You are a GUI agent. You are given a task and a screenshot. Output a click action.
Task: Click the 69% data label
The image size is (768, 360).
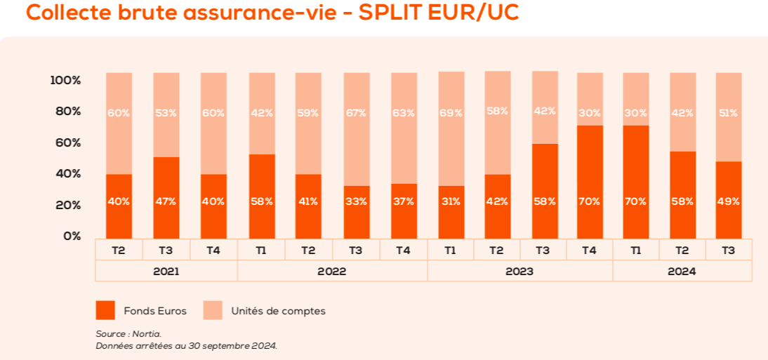click(451, 113)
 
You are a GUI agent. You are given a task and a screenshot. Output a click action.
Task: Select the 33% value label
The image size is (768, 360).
click(356, 201)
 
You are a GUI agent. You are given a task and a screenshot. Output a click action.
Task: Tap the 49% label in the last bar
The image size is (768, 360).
click(728, 201)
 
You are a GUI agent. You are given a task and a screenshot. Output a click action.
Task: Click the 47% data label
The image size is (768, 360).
click(166, 201)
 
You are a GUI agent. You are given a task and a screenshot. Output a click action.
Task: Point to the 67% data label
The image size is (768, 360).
click(356, 113)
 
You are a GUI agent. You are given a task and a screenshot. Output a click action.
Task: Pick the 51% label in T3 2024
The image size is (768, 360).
click(728, 113)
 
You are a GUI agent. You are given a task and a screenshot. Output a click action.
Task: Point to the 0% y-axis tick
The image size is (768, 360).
click(72, 236)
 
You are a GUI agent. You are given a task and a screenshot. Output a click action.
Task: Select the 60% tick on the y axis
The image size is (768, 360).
click(68, 142)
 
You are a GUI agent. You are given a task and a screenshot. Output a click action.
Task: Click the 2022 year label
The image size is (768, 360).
click(332, 271)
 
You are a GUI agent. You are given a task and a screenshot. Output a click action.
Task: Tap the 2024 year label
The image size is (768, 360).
click(682, 271)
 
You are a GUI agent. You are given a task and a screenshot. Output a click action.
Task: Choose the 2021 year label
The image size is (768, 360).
click(166, 271)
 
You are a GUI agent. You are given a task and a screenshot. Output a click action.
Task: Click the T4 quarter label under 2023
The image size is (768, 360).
click(589, 250)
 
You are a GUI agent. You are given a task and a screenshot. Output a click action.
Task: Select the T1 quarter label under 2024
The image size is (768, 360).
click(635, 250)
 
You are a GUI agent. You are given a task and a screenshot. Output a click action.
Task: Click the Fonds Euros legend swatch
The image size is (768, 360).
click(105, 310)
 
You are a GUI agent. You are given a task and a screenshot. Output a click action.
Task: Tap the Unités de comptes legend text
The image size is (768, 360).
click(278, 311)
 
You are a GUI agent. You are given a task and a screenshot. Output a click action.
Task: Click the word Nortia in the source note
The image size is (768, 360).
click(149, 334)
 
